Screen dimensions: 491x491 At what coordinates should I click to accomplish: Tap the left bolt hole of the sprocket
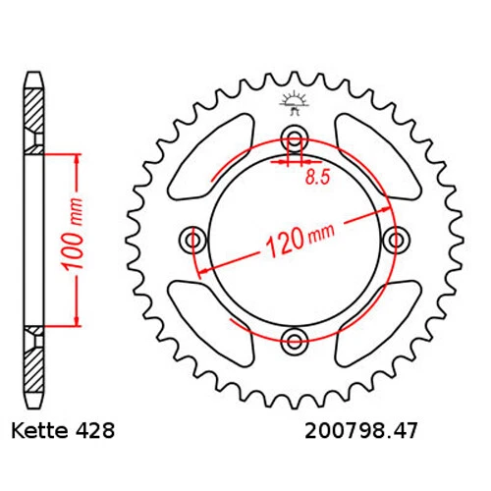[192, 239]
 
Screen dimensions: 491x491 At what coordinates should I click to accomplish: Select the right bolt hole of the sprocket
[397, 239]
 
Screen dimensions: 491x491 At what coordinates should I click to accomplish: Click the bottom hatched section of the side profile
[34, 363]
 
